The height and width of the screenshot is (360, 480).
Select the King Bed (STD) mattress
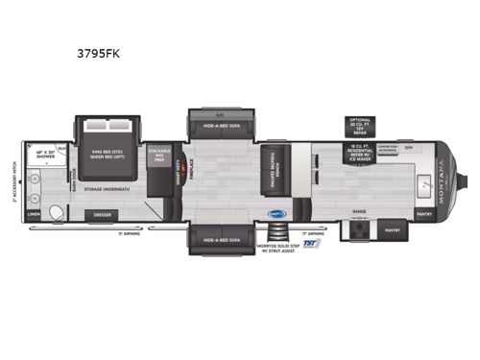click(x=108, y=156)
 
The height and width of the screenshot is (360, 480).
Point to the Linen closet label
click(x=35, y=214)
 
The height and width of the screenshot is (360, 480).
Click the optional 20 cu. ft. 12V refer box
click(x=358, y=125)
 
